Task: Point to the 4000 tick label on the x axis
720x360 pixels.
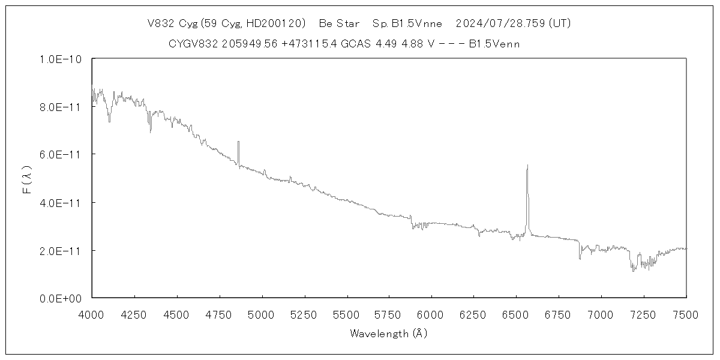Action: [x=92, y=314]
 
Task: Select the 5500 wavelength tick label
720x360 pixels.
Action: [x=347, y=314]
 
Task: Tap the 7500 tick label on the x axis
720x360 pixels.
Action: [x=686, y=314]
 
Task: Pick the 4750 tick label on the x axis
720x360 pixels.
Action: [x=219, y=314]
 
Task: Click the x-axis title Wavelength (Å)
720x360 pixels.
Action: [x=388, y=334]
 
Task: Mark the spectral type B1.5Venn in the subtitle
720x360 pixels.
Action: [x=494, y=44]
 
